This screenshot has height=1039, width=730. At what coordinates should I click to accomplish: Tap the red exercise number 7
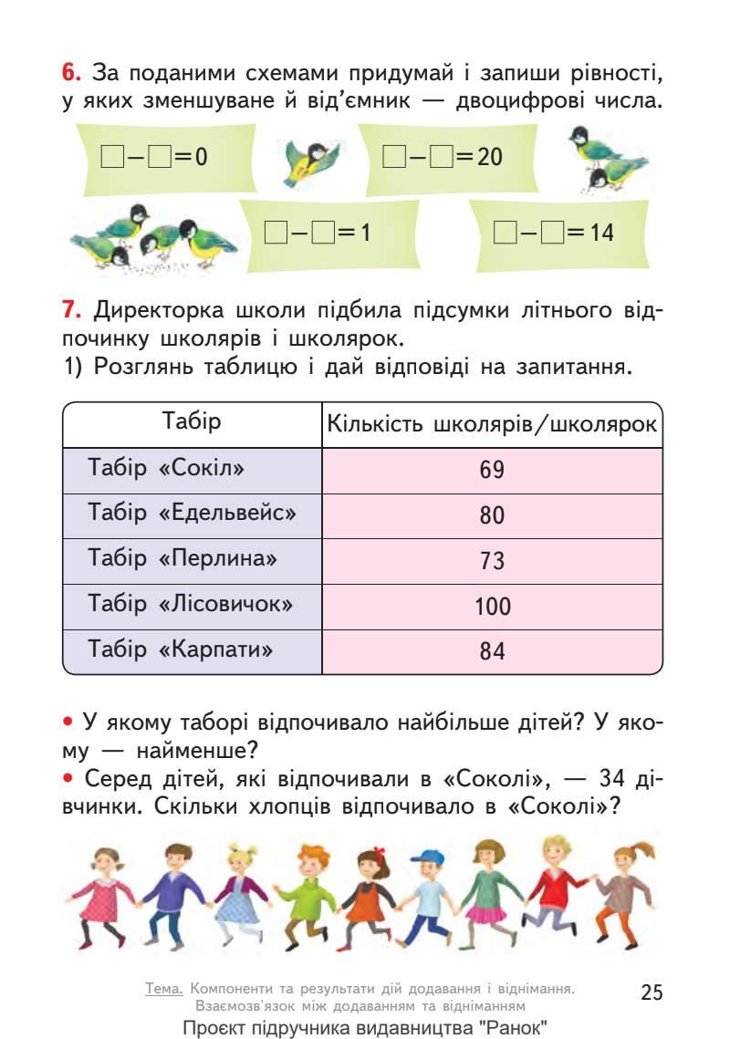coord(71,310)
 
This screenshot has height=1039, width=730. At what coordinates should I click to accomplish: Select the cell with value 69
coord(492,471)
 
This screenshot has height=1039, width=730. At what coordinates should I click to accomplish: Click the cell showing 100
coord(492,607)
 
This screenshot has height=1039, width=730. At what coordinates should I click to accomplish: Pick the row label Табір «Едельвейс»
coord(193,513)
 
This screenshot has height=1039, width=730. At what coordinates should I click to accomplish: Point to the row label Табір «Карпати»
coord(181,649)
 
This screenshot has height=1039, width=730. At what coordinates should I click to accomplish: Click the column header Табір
coord(192,422)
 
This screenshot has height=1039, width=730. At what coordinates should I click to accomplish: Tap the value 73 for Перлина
coord(492,561)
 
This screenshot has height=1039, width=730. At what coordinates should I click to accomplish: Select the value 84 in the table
coord(492,651)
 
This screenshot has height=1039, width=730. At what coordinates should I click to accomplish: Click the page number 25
coord(652,992)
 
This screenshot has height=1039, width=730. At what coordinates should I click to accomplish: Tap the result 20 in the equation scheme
coord(489,157)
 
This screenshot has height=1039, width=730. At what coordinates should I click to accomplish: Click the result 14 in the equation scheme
coord(600,233)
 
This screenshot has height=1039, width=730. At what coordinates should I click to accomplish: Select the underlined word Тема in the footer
coord(164,988)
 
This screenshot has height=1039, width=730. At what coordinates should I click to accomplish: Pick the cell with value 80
coord(492,515)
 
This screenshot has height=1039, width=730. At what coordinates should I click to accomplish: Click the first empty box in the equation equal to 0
coord(111,157)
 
